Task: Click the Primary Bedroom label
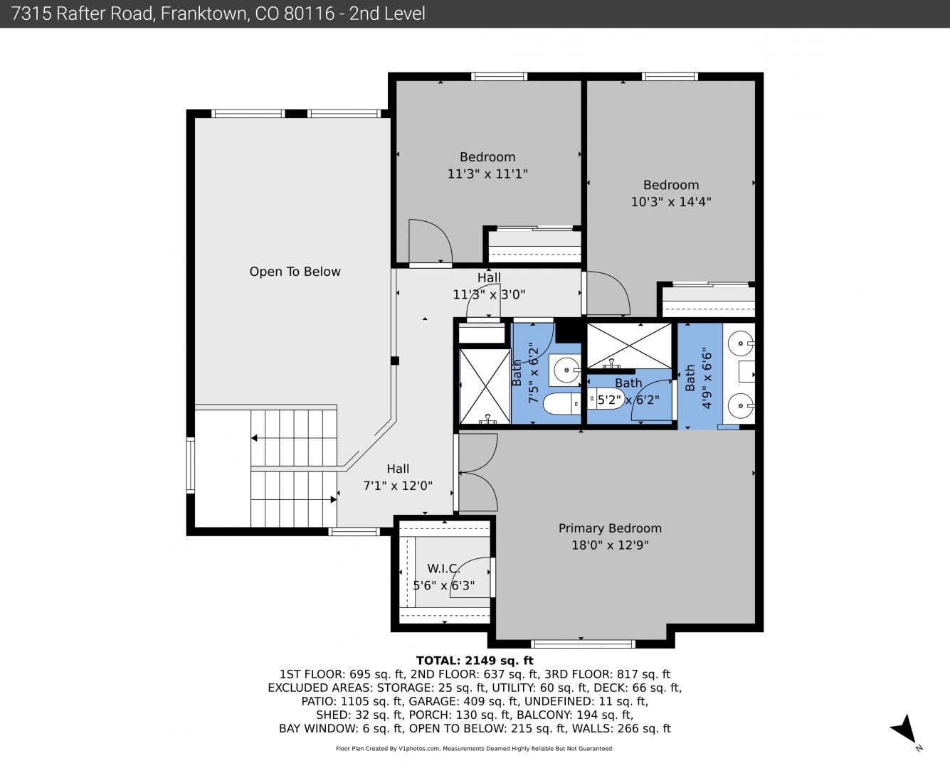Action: (610, 528)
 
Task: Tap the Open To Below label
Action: (295, 272)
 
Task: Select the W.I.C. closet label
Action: (443, 568)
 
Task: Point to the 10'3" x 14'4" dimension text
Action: (671, 202)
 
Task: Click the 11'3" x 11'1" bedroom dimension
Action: (487, 174)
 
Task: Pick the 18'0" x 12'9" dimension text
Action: (610, 545)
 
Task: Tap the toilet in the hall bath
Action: (561, 403)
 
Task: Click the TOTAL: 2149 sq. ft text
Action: (475, 661)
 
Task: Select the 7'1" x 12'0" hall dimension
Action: (398, 486)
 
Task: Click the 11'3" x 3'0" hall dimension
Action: (489, 294)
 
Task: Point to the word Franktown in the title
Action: (204, 14)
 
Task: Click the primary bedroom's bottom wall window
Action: (583, 643)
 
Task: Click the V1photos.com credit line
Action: (475, 748)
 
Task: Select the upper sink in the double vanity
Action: (741, 343)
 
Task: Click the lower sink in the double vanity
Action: (741, 405)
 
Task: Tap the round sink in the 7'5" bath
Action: (567, 370)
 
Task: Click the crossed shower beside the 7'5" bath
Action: (485, 386)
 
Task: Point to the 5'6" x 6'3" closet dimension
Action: (444, 585)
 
